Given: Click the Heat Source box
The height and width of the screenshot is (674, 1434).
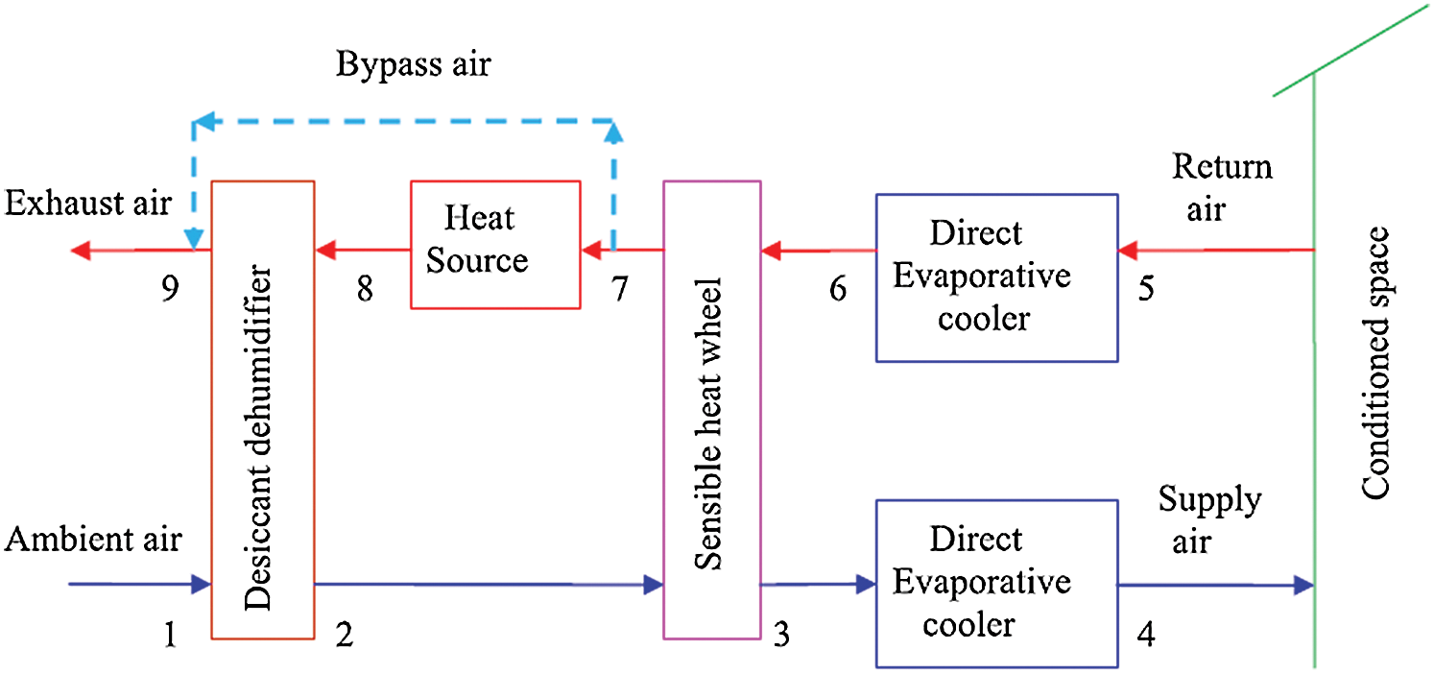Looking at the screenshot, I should pyautogui.click(x=494, y=244).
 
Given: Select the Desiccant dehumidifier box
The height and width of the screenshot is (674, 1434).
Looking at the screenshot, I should pyautogui.click(x=262, y=409).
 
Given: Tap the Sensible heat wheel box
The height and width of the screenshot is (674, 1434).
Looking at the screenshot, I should pyautogui.click(x=711, y=409).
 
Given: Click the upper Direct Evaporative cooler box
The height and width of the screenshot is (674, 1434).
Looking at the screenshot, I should pyautogui.click(x=996, y=277).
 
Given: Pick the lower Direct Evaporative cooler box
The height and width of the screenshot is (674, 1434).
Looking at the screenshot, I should pyautogui.click(x=996, y=583).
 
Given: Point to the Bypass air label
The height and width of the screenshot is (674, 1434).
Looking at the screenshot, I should pyautogui.click(x=413, y=66).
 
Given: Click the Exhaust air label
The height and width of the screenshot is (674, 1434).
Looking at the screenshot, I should pyautogui.click(x=88, y=204).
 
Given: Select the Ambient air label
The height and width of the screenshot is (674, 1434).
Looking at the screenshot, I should pyautogui.click(x=93, y=540).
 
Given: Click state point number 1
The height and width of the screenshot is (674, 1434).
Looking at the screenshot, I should pyautogui.click(x=170, y=635).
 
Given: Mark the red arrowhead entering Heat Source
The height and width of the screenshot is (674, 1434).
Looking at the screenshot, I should pyautogui.click(x=590, y=251).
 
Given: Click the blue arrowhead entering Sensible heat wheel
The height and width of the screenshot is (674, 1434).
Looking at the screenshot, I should pyautogui.click(x=654, y=584).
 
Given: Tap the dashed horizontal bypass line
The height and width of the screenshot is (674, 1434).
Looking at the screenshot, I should pyautogui.click(x=403, y=121).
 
